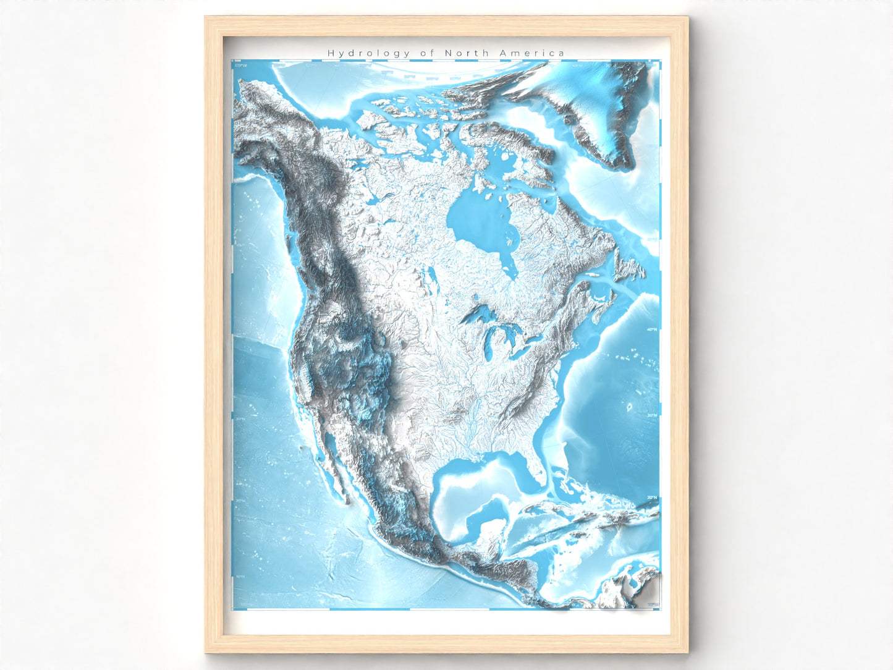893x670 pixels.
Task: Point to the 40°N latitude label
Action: coord(651,329)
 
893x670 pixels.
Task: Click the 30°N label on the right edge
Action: coord(651,415)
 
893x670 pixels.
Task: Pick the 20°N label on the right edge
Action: coord(651,498)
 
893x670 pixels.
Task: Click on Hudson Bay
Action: coord(479,223)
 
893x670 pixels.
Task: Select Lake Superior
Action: coord(479,316)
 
